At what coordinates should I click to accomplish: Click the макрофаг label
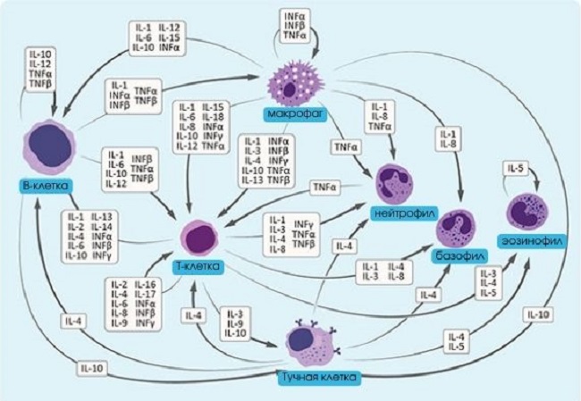point(291,114)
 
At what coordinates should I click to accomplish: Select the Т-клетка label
point(198,268)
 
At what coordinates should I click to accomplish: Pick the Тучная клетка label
point(317,378)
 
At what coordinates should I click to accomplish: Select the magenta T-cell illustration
point(198,238)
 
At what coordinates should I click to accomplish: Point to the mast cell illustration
point(310,344)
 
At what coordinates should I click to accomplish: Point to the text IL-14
point(101,227)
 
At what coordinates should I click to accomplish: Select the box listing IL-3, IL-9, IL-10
point(235,322)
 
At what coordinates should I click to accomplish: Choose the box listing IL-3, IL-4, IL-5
point(488,283)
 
